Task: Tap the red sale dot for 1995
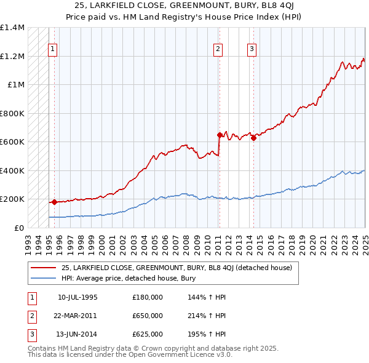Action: [54, 201]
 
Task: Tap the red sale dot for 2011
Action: [219, 135]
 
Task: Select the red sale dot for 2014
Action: [253, 138]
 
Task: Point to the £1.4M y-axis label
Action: [12, 28]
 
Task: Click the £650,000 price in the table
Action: [148, 316]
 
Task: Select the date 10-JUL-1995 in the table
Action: [77, 297]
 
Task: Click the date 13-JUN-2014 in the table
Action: [77, 334]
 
